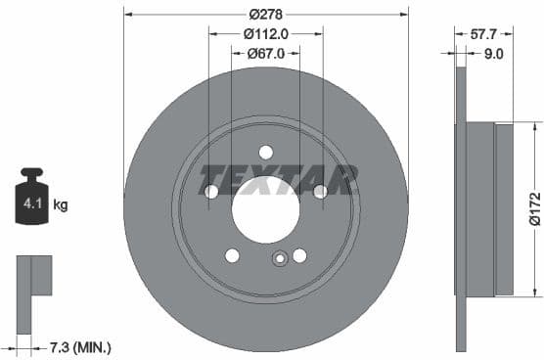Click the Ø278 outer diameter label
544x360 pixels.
[266, 15]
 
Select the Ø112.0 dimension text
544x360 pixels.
[266, 33]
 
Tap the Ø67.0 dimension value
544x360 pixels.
[265, 53]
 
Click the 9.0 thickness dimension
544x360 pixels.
[493, 54]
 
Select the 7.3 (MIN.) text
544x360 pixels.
[80, 347]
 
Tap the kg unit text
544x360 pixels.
[61, 205]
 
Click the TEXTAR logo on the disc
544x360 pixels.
[278, 180]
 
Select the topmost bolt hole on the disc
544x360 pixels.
[266, 152]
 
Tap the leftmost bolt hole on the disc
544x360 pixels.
[211, 191]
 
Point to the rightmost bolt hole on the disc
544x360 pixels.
[320, 191]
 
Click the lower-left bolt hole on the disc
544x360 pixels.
[232, 255]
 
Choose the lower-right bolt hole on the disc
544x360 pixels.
[299, 255]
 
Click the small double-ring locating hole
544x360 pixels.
[279, 259]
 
